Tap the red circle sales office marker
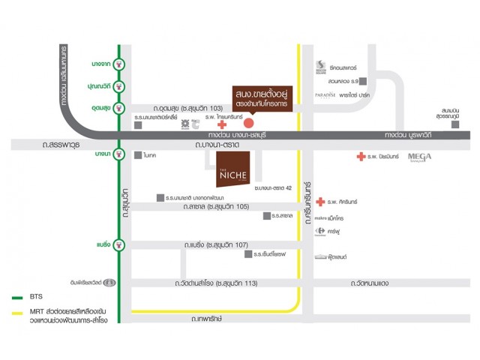250,122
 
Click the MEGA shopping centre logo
420,157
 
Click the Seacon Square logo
320,66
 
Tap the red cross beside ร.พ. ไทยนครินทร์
221,125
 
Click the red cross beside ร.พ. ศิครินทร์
321,202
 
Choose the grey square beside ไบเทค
138,155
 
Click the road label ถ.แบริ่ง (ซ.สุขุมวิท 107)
217,244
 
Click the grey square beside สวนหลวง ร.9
363,80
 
